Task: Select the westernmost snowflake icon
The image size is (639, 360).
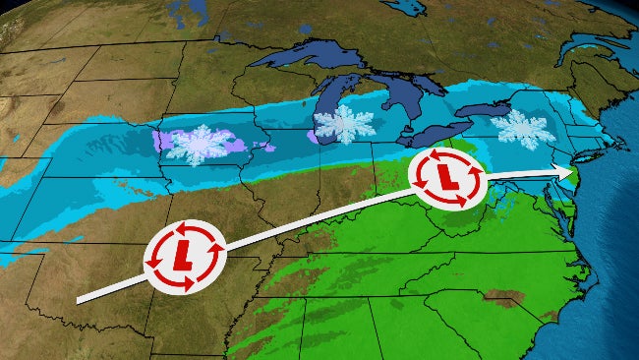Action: point(194,145)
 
